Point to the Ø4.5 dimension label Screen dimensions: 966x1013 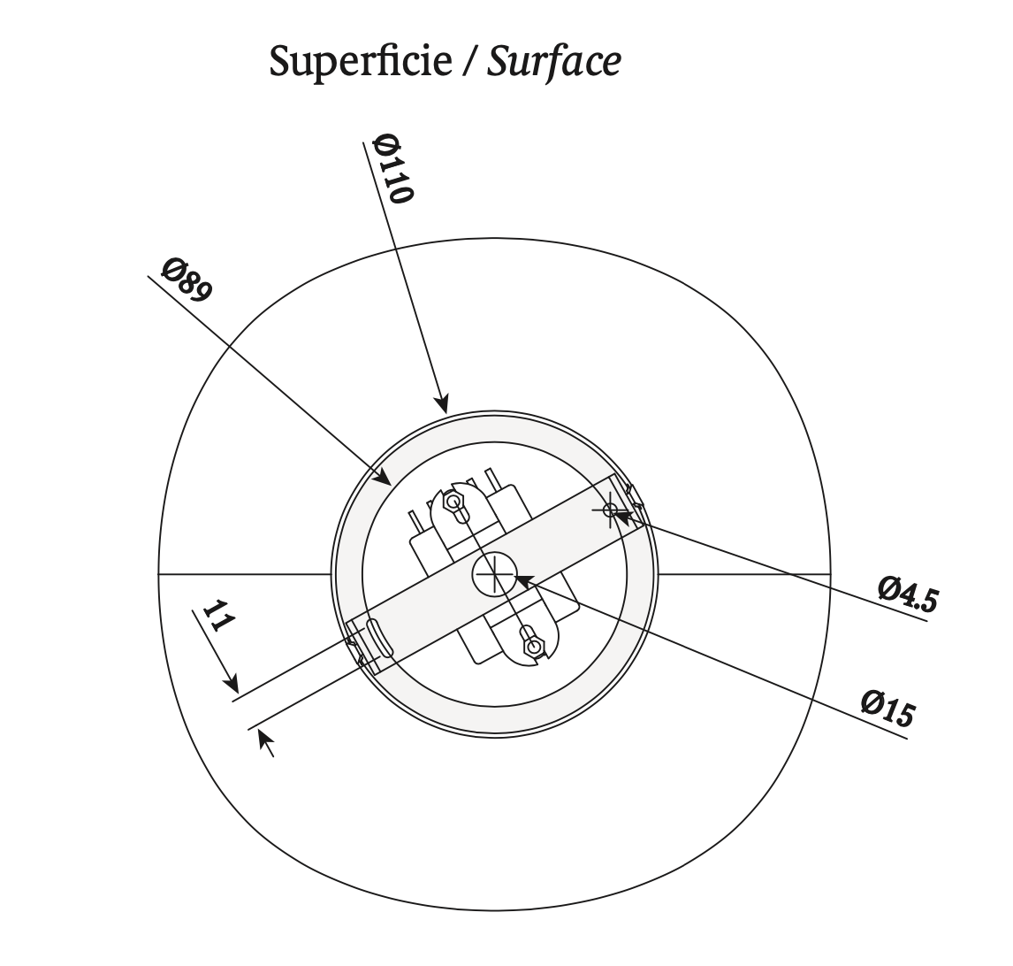coord(907,594)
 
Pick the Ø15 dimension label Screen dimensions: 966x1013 coord(887,708)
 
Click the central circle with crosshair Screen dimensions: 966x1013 coord(494,574)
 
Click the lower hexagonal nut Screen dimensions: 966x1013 coord(531,647)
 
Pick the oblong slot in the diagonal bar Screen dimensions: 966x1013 coord(377,637)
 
